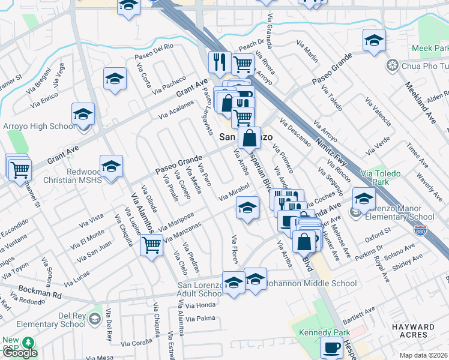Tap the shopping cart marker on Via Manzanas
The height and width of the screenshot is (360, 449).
pyautogui.click(x=152, y=244)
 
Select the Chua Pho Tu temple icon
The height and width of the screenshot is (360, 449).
pyautogui.click(x=393, y=65)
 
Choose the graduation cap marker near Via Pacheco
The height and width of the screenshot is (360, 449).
pyautogui.click(x=115, y=78)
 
